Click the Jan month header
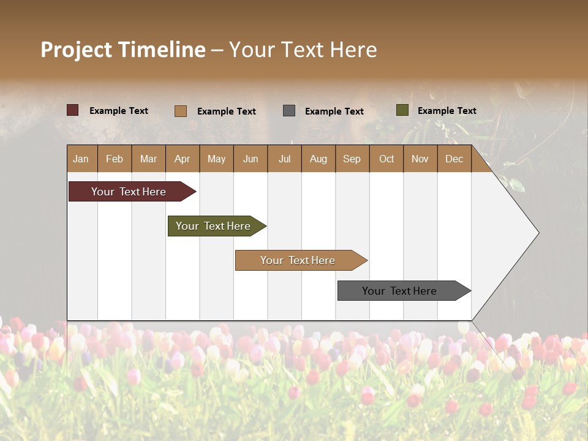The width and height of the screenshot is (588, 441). point(81,159)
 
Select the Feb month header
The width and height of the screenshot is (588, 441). point(115,159)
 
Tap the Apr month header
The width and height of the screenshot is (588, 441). point(182,159)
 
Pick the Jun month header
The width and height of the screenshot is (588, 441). point(251,159)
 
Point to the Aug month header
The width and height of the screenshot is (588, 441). point(318,159)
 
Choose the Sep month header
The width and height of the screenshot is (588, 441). point(352,159)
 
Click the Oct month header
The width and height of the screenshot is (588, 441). point(386,159)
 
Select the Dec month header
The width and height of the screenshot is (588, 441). point(454,159)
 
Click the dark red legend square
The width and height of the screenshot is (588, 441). point(73,110)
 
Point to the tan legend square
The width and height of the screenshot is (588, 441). point(181,111)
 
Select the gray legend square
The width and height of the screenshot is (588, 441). point(289,110)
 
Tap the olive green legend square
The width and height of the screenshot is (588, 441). point(402,110)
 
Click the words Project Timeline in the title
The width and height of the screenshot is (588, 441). point(123,50)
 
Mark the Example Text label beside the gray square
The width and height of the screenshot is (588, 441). point(334,111)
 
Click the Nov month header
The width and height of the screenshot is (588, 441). point(420,159)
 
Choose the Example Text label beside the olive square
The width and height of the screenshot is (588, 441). point(447,111)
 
